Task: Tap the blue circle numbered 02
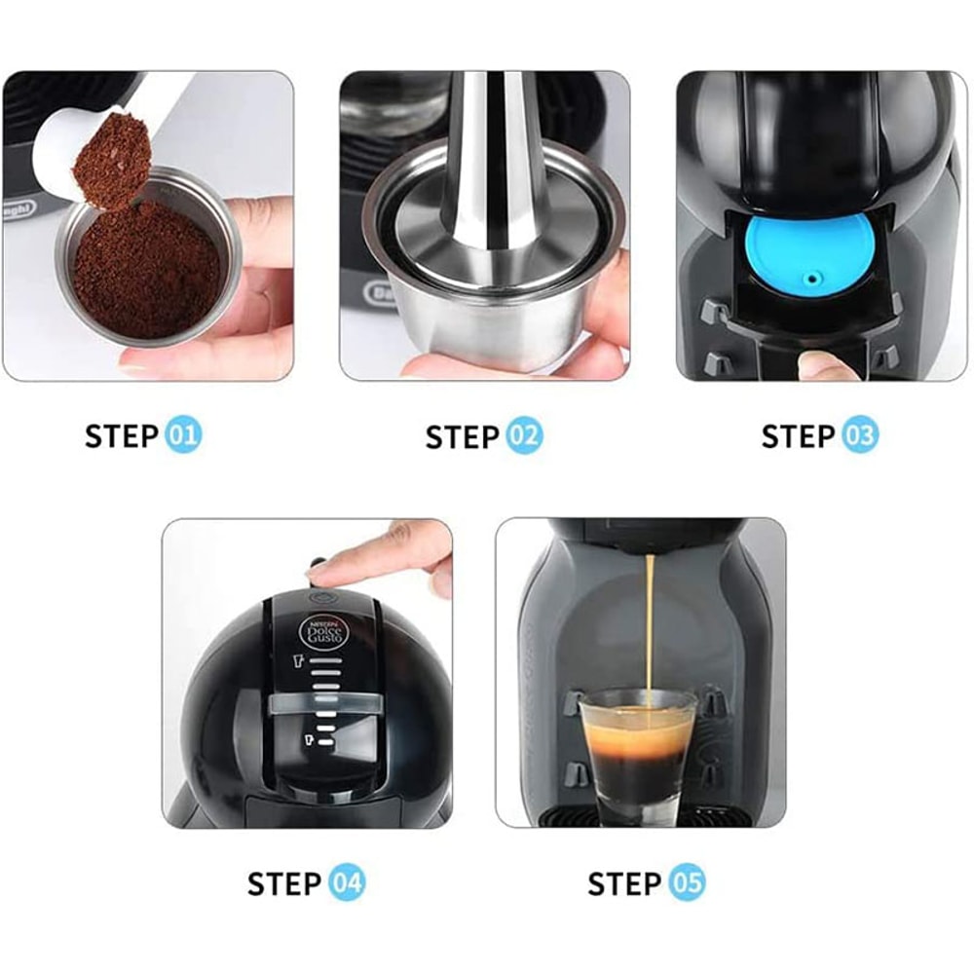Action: [x=523, y=436]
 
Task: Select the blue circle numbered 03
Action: [x=859, y=436]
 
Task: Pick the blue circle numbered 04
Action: [x=346, y=884]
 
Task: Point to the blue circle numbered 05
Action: [x=687, y=884]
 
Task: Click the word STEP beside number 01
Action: [x=122, y=436]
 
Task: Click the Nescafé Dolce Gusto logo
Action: [x=322, y=634]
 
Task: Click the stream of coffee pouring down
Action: [x=648, y=623]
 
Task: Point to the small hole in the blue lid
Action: [x=807, y=279]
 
